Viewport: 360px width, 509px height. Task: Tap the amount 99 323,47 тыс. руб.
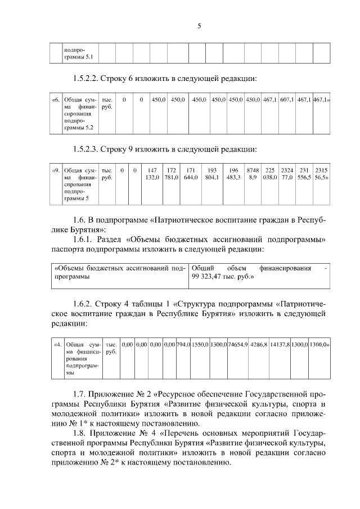click(222, 277)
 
